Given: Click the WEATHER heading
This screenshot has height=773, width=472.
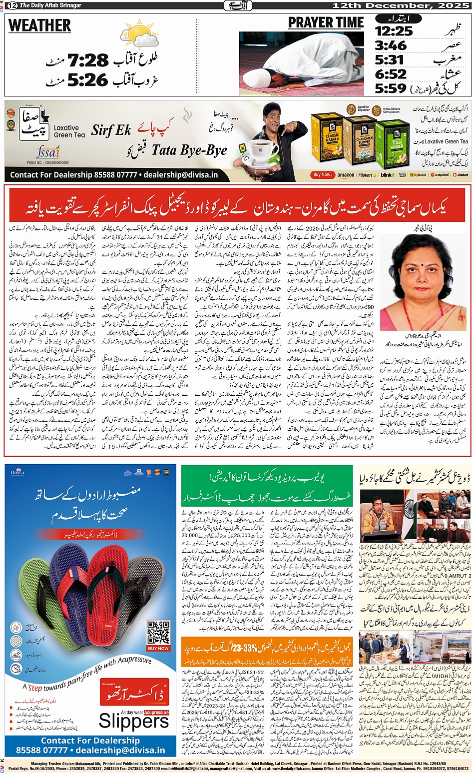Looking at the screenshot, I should click(40, 25).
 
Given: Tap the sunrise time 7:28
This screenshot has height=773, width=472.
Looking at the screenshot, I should click(88, 60).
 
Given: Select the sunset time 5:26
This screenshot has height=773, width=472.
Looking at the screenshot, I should click(88, 79).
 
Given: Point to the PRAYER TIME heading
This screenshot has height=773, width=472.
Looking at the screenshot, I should click(326, 23).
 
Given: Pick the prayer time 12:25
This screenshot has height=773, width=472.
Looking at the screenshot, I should click(394, 31).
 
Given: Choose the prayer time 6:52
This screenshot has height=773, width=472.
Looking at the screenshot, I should click(391, 74).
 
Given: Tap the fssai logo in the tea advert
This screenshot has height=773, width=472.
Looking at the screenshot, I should click(48, 151).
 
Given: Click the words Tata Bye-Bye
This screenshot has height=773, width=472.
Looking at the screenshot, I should click(189, 150).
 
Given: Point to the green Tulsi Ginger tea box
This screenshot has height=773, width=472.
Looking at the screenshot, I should click(392, 144).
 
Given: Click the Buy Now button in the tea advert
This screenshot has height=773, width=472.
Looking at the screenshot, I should click(322, 175).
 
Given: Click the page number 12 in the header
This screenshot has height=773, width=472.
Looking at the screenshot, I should click(11, 5).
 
